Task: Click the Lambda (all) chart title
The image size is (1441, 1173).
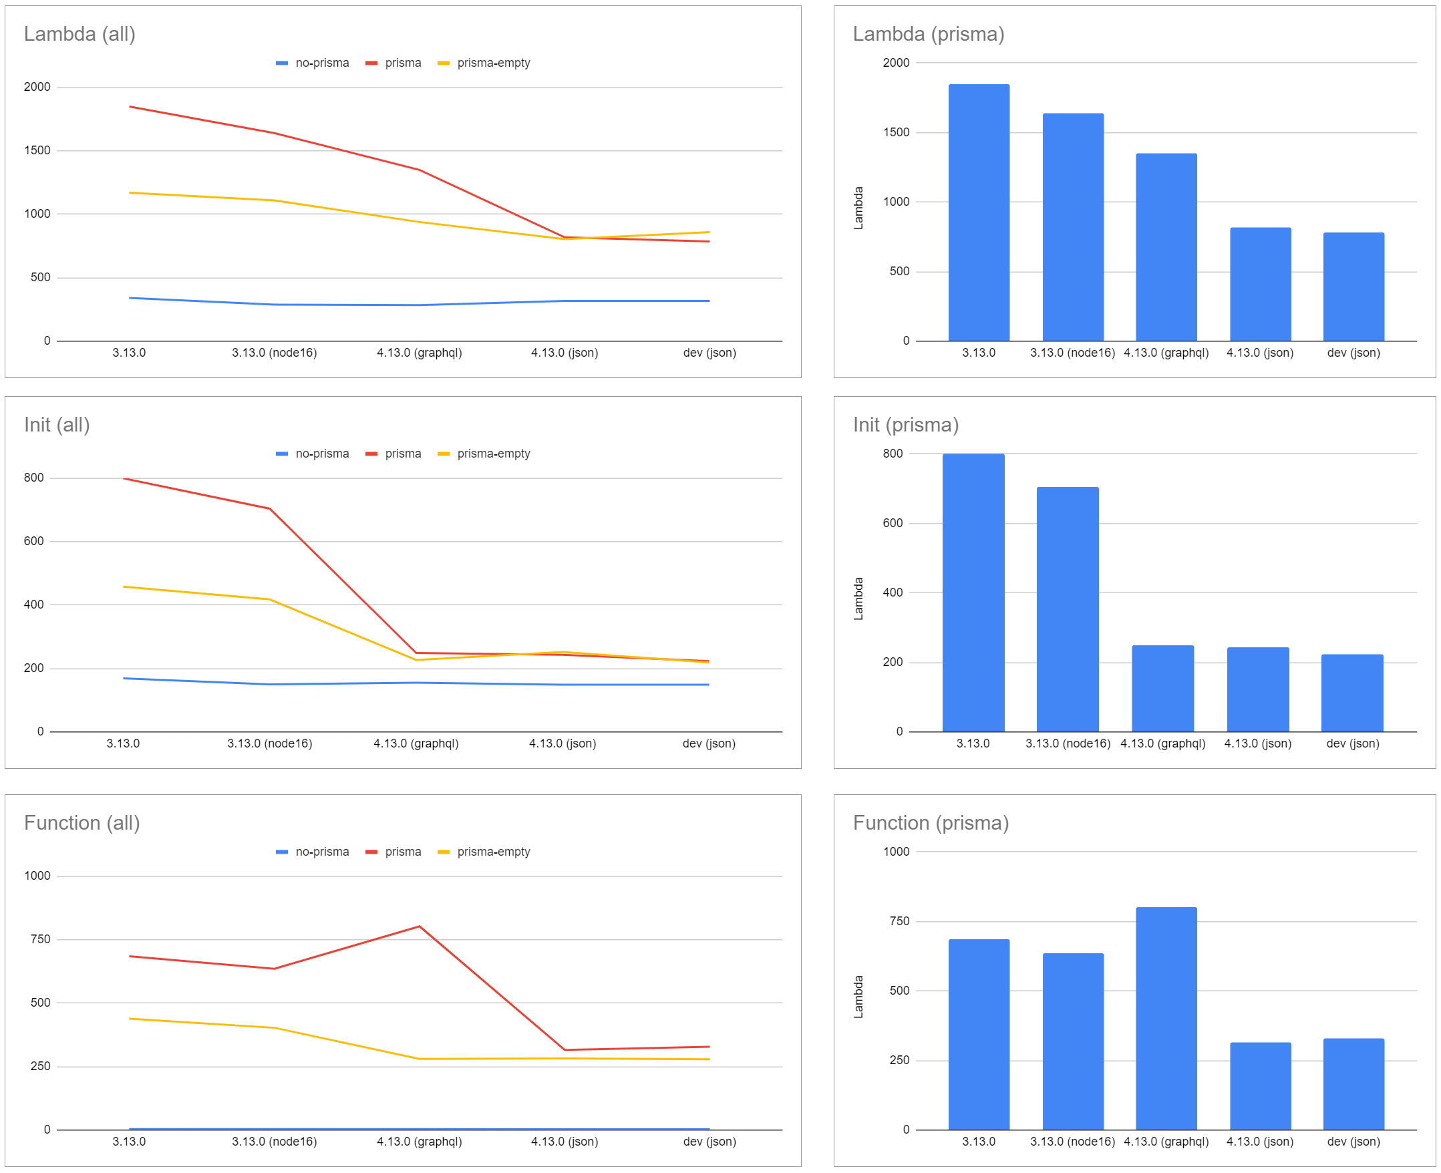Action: (79, 34)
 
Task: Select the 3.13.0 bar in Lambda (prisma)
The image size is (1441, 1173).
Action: (978, 212)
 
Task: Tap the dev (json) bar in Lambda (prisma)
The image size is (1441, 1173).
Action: (1353, 287)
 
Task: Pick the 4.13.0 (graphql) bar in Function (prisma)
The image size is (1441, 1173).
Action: (1166, 1017)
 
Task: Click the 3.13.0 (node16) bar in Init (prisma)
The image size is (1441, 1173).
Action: (1068, 609)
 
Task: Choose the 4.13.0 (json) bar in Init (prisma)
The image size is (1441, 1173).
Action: (1257, 689)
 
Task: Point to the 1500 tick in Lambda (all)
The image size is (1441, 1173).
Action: (37, 150)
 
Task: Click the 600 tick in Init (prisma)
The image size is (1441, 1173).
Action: (893, 523)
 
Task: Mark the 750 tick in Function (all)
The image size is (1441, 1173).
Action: (40, 939)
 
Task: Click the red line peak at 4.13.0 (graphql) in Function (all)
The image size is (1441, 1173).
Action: (420, 927)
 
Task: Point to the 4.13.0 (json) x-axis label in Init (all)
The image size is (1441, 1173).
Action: (562, 743)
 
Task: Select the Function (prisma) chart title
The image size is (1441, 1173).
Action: (930, 822)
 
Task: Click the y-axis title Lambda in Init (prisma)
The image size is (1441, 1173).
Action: (858, 599)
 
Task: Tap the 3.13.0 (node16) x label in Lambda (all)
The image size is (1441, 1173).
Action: (275, 353)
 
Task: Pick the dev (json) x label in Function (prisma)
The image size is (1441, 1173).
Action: (1353, 1141)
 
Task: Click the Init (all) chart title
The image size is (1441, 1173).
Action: (57, 424)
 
